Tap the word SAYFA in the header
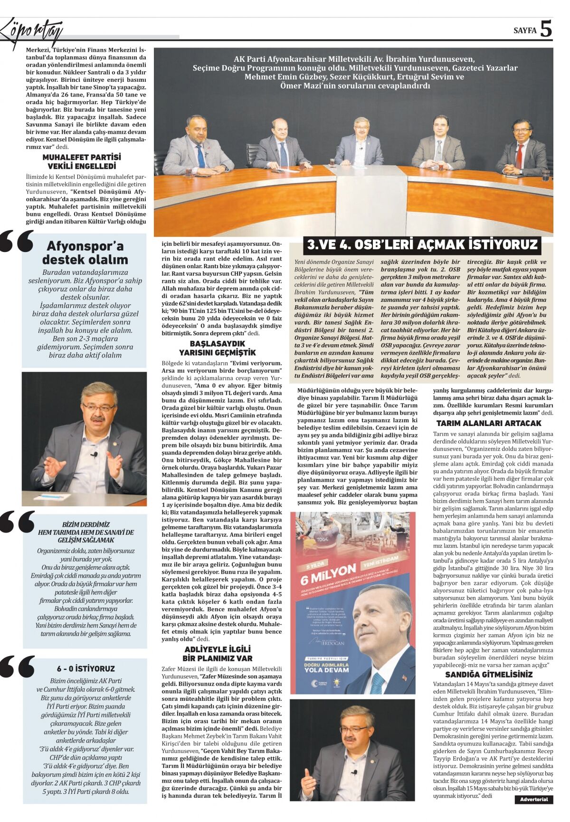(525, 30)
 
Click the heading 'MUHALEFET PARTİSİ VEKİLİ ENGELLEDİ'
(82, 162)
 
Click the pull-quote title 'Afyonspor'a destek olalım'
(85, 253)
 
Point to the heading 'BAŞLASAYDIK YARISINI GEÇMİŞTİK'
(217, 348)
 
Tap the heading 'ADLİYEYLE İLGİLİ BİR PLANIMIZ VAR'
(218, 654)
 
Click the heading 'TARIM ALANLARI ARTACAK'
(489, 423)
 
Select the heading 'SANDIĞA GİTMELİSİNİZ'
(489, 674)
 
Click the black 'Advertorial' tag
(534, 799)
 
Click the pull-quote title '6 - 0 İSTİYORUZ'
(85, 668)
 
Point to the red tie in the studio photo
(519, 155)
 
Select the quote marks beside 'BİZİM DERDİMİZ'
(18, 522)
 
